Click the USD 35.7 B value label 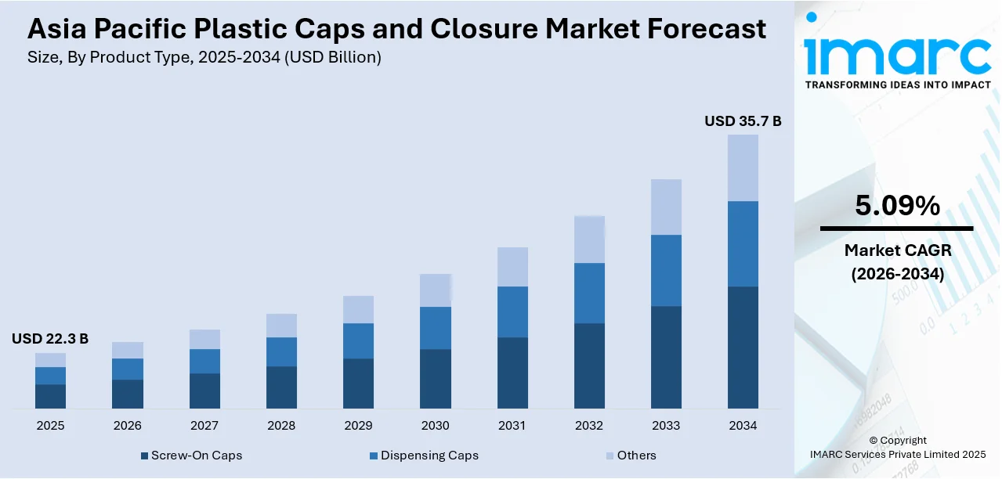point(743,121)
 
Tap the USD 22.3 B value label point(50,339)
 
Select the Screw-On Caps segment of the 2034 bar point(743,347)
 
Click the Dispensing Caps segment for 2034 point(743,243)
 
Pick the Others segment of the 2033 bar point(666,207)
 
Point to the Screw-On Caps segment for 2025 point(50,396)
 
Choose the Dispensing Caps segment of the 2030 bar point(435,328)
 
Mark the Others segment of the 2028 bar point(281,326)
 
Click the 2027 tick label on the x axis point(204,426)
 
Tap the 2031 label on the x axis point(512,426)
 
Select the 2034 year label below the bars point(743,426)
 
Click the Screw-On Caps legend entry point(191,456)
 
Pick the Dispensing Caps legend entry point(423,456)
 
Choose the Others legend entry point(630,456)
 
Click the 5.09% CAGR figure point(897,206)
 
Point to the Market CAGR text point(897,250)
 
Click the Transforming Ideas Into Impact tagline point(898,85)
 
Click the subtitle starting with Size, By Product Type point(204,57)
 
